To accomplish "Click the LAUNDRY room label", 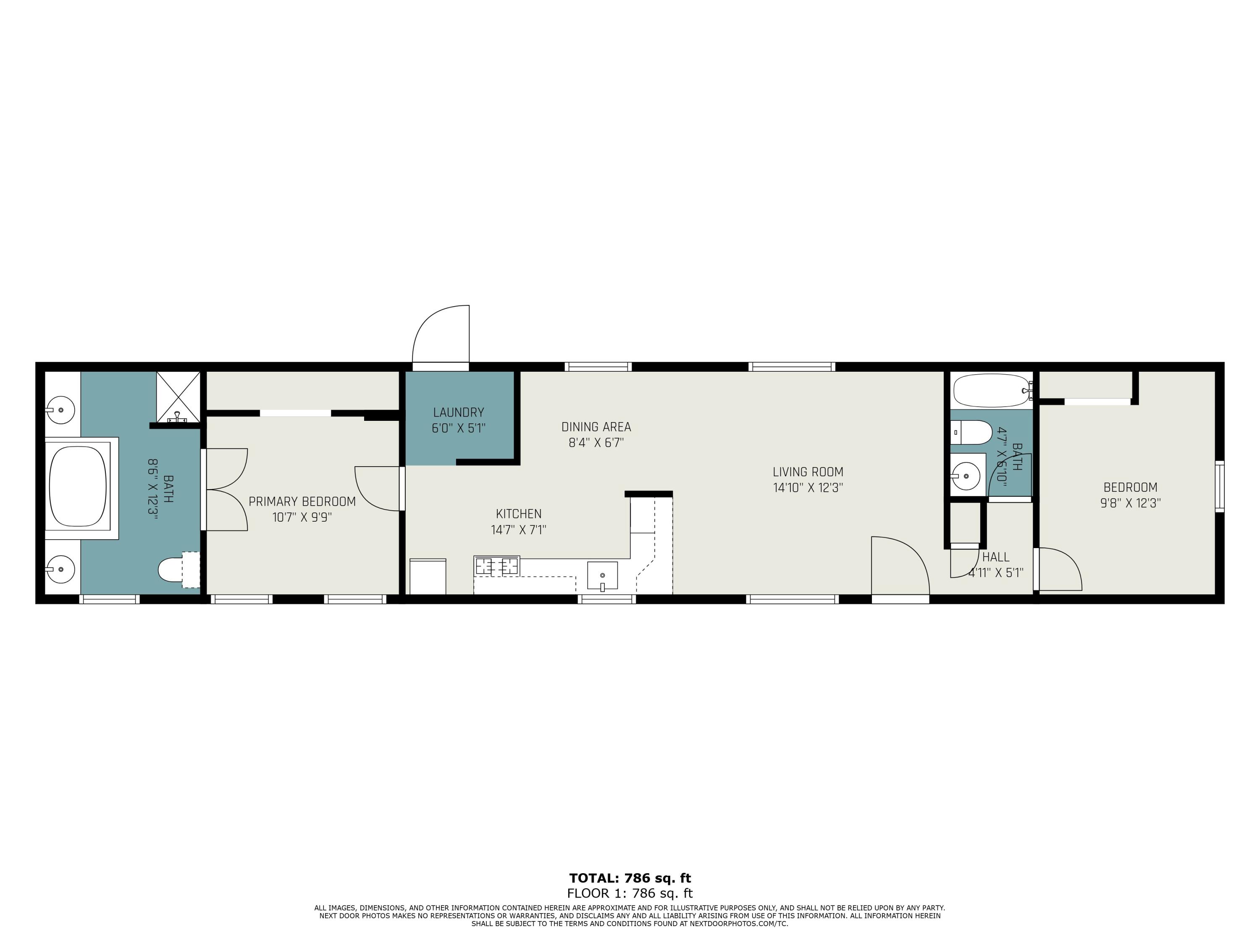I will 459,412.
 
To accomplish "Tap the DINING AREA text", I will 596,427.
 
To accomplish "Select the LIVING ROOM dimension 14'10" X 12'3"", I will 808,488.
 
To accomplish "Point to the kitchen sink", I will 602,576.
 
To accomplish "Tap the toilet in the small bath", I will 971,432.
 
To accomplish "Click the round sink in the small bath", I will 966,473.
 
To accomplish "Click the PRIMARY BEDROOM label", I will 302,501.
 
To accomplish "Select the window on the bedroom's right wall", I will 1219,486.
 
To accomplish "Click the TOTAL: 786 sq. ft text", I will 630,878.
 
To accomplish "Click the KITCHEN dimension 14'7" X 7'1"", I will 518,530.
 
